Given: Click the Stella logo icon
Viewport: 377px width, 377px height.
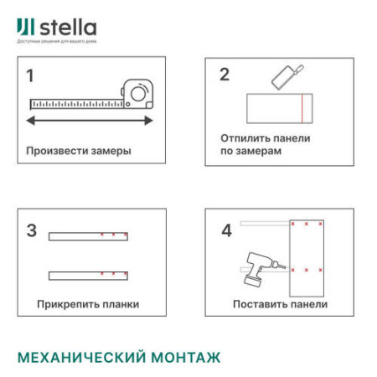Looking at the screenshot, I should click(23, 28).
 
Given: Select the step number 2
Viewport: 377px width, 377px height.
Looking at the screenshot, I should click(224, 74).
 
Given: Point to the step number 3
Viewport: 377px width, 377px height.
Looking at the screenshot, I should click(32, 230).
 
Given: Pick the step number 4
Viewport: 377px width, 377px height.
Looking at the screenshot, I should click(226, 230).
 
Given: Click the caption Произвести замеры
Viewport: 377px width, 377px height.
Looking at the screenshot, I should click(78, 152).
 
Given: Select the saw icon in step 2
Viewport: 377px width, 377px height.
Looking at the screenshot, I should click(287, 77).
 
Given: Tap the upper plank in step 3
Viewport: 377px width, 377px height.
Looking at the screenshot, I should click(88, 235).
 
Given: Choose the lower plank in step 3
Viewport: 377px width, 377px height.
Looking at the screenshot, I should click(88, 274).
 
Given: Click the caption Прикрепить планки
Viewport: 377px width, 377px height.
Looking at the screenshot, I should click(88, 303).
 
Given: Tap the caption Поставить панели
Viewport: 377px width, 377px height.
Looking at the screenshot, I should click(280, 303).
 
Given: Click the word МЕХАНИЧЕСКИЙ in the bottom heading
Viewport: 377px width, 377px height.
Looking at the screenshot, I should click(81, 357).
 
